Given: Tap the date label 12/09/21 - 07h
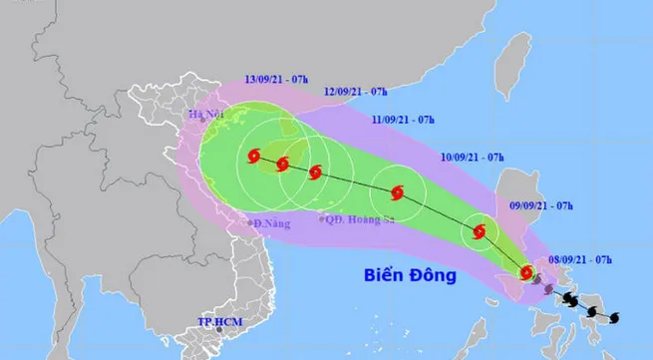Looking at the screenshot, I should coord(356,92).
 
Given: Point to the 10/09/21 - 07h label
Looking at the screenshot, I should coord(471,158).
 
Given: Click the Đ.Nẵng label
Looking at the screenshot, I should coord(272,223).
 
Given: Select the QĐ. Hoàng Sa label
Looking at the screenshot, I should coord(354,218).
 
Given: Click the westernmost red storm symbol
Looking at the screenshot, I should coord(253,157).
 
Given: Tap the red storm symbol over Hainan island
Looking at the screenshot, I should coord(283,162).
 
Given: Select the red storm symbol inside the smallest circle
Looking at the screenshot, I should coord(480,232).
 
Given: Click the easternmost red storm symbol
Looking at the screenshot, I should coord(526,271).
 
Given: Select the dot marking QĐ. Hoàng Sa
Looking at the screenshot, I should coord(320,217).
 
